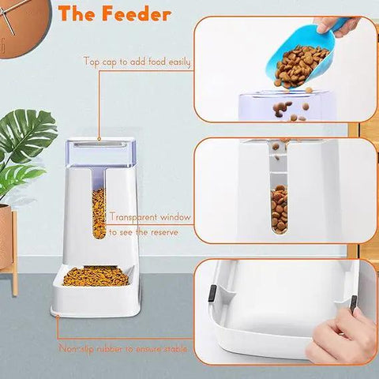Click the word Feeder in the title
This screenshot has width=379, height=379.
tap(134, 14)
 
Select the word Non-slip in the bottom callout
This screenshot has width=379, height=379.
tap(77, 347)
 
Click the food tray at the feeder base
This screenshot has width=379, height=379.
tap(96, 278)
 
